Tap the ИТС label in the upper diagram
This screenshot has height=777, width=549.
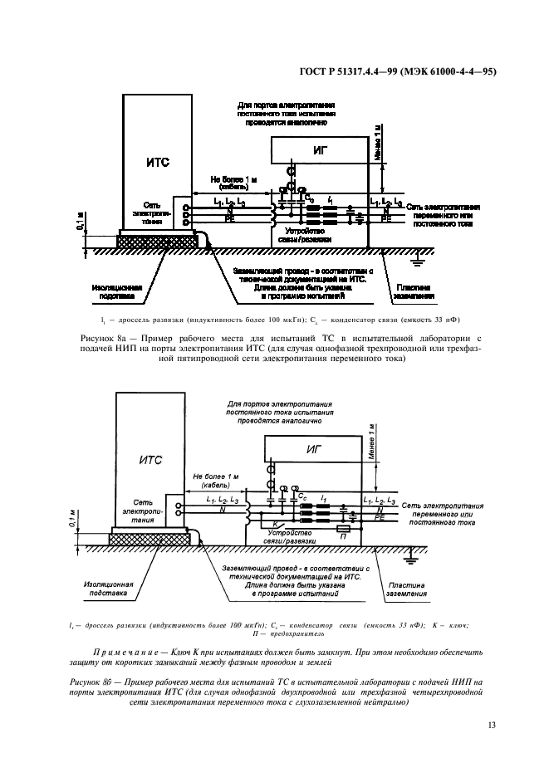pos(157,163)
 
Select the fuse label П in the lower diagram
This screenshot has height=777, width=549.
pos(342,538)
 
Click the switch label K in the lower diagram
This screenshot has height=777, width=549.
pos(263,524)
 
